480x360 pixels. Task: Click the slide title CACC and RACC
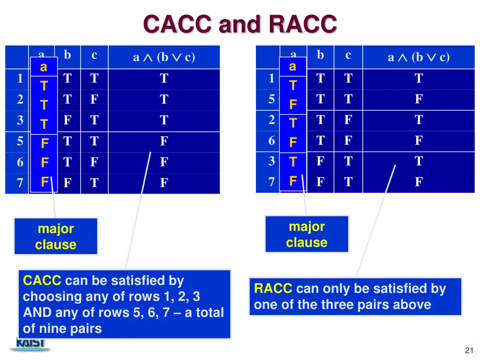pos(240,24)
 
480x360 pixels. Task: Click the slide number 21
pos(468,351)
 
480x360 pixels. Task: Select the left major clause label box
pos(56,237)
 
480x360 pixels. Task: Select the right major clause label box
pos(307,234)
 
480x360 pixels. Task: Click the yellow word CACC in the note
pos(42,281)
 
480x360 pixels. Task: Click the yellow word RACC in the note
pos(273,289)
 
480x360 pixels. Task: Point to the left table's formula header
pos(164,57)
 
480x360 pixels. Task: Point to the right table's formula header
pos(418,57)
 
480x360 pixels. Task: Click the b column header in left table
pos(67,55)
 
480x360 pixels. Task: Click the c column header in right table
pos(348,55)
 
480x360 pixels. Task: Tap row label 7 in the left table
pos(20,183)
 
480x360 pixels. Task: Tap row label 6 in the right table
pos(271,141)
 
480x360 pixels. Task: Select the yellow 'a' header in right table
pos(292,67)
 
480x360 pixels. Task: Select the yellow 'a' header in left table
pos(43,67)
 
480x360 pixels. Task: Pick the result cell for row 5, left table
pos(164,142)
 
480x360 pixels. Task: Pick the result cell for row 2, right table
pos(418,120)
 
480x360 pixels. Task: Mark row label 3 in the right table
pos(271,161)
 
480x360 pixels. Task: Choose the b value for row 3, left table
pos(67,120)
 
